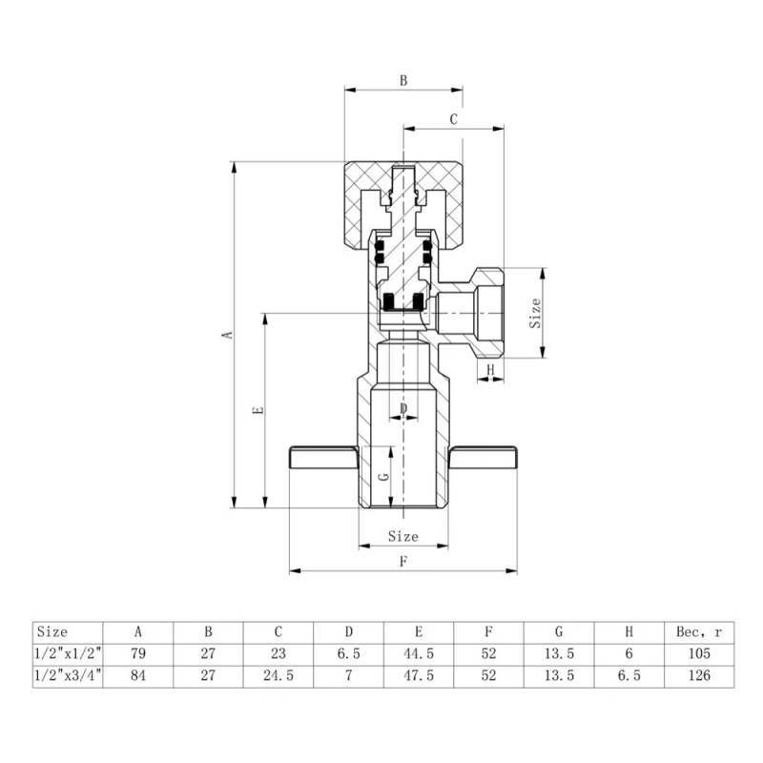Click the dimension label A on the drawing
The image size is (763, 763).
(226, 335)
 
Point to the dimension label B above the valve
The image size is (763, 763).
(402, 81)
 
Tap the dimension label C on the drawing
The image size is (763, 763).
(454, 119)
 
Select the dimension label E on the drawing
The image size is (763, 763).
(257, 410)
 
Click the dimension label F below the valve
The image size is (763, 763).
(402, 562)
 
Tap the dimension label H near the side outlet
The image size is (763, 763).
(490, 369)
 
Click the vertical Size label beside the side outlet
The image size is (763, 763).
(535, 313)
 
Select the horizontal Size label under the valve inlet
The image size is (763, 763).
(402, 537)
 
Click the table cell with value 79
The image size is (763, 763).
(138, 653)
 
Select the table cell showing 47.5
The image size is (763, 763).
(419, 675)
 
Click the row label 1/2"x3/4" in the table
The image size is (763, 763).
(69, 675)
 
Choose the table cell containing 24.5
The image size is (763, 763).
(278, 675)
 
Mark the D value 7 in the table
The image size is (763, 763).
(349, 675)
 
